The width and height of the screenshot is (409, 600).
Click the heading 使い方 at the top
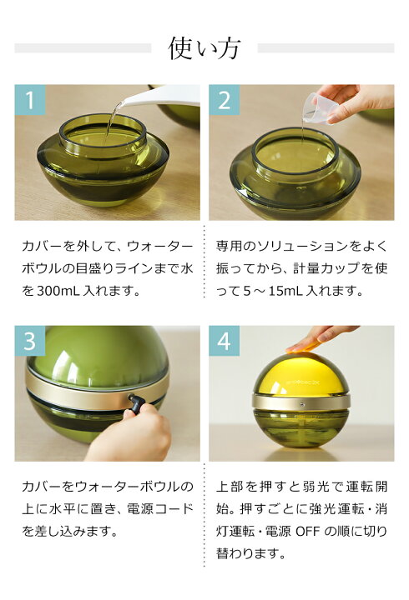tap(204, 48)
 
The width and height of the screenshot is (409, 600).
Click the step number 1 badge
tap(31, 101)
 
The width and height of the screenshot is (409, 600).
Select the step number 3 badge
tap(31, 342)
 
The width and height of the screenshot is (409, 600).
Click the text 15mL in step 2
tap(298, 292)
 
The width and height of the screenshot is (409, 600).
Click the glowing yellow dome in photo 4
tap(300, 371)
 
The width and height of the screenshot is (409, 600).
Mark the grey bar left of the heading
tap(83, 48)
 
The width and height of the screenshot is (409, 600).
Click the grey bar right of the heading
tap(325, 48)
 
